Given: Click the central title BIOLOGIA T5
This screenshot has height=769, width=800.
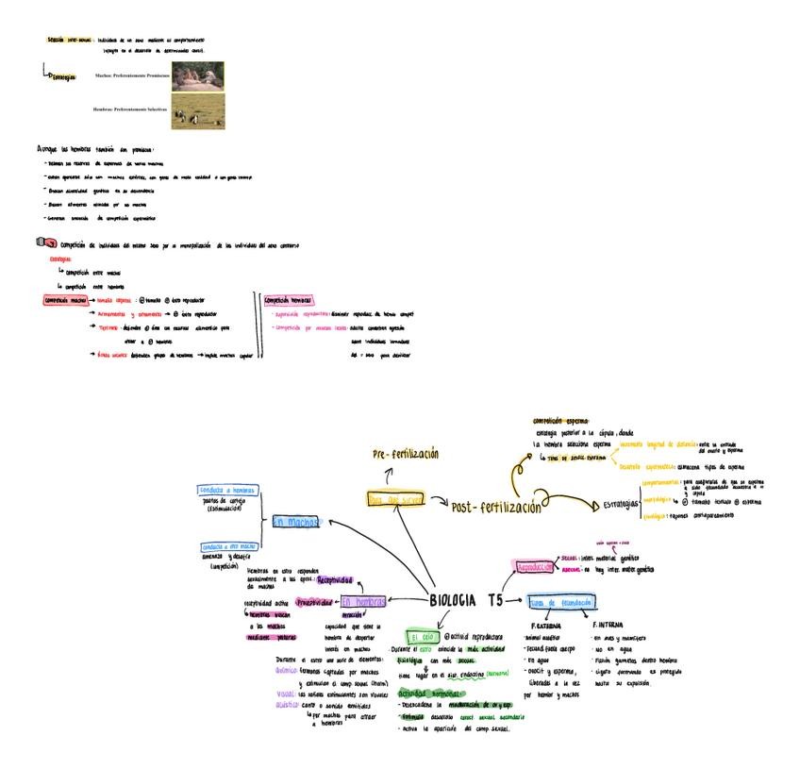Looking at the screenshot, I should click(x=466, y=600).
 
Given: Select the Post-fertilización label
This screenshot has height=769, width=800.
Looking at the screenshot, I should click(x=496, y=507).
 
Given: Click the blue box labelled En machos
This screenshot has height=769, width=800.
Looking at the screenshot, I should click(x=295, y=522).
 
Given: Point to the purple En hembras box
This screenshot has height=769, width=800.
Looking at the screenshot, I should click(x=364, y=602).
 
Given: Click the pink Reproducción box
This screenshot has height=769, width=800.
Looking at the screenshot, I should click(x=537, y=567).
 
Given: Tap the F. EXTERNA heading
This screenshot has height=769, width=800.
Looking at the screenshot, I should click(x=548, y=626).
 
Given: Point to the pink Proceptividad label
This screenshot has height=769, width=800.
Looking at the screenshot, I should click(x=313, y=601).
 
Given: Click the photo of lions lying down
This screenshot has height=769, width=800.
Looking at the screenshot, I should click(x=197, y=75).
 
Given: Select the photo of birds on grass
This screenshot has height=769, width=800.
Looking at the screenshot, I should click(x=197, y=110).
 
